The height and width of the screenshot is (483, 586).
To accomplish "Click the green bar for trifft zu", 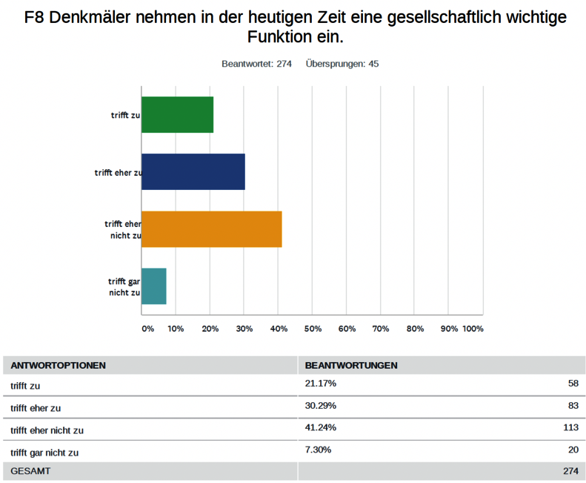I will tap(177, 115).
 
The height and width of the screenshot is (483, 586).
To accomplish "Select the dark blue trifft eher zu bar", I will tap(193, 171).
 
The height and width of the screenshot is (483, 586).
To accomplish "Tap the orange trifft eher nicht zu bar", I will tap(211, 229).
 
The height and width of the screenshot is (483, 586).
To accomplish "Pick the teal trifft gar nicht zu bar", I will tap(153, 286).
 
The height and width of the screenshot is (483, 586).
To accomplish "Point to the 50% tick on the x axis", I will tap(313, 329).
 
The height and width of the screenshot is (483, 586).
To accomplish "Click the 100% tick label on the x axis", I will tap(473, 329).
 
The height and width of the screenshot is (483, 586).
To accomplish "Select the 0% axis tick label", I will tap(147, 329).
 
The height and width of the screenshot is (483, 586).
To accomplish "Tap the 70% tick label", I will tap(381, 329).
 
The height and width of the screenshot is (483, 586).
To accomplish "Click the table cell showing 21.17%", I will tap(320, 384).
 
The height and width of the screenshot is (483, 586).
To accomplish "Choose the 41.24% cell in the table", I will tap(320, 428).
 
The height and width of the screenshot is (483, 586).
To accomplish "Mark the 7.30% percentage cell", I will tap(318, 450).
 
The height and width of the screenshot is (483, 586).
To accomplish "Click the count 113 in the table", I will tap(570, 428).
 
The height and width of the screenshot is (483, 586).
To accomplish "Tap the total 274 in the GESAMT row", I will tap(570, 471).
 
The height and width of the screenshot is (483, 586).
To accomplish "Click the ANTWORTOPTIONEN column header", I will tap(58, 366).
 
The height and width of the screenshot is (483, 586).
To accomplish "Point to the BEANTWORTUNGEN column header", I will tap(350, 366).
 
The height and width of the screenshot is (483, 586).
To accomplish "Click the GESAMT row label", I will tap(30, 471).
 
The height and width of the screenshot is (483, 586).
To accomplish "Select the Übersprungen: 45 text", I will tap(342, 64).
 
